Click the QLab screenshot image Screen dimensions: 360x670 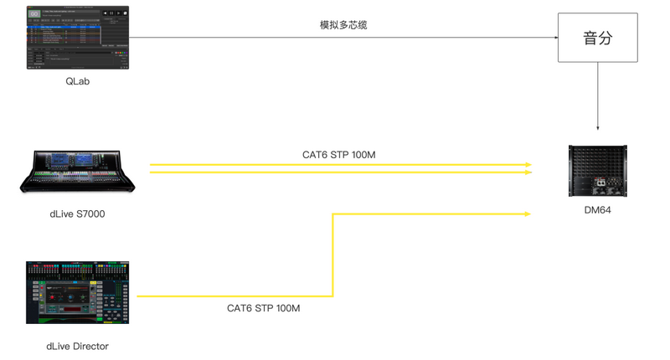coord(78,38)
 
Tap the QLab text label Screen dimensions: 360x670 coord(78,81)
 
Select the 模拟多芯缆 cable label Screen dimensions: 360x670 coord(343,25)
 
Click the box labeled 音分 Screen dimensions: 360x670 coord(598,38)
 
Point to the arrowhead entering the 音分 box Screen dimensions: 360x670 coord(555,38)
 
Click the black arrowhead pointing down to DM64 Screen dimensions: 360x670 coord(598,127)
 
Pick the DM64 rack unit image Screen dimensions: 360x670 coord(598,172)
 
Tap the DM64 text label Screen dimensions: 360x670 coord(598,210)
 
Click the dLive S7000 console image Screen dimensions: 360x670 coord(78,172)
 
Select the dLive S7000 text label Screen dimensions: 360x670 coord(78,214)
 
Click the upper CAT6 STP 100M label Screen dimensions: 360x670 coord(338,155)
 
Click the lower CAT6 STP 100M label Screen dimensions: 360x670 coord(263,308)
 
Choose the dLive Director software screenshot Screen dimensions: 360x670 coord(78,293)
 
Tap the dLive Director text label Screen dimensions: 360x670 coord(78,346)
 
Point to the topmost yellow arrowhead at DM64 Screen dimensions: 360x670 coord(528,164)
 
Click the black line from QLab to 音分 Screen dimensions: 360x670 coord(251,38)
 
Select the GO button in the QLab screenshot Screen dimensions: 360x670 coord(34,13)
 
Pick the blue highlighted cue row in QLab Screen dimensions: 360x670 coord(63,28)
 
